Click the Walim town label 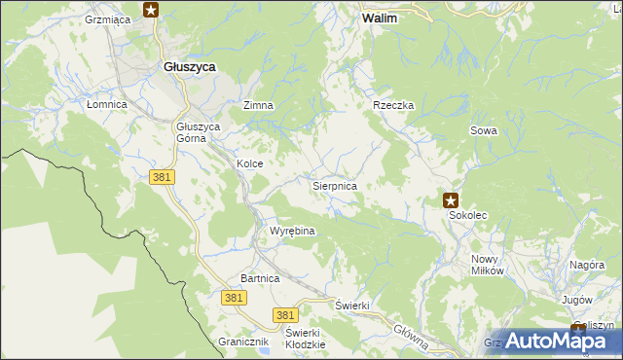(379, 18)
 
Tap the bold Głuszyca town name (189, 66)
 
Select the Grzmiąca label (108, 18)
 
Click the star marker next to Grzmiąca (151, 11)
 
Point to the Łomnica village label (107, 105)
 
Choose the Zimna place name (258, 105)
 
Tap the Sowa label (484, 130)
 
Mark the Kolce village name (249, 164)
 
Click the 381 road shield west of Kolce (163, 176)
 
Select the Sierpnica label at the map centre (334, 185)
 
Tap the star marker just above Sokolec (451, 200)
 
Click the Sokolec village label (468, 219)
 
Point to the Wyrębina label (291, 232)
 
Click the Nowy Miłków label (487, 265)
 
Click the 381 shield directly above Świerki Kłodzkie (284, 315)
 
